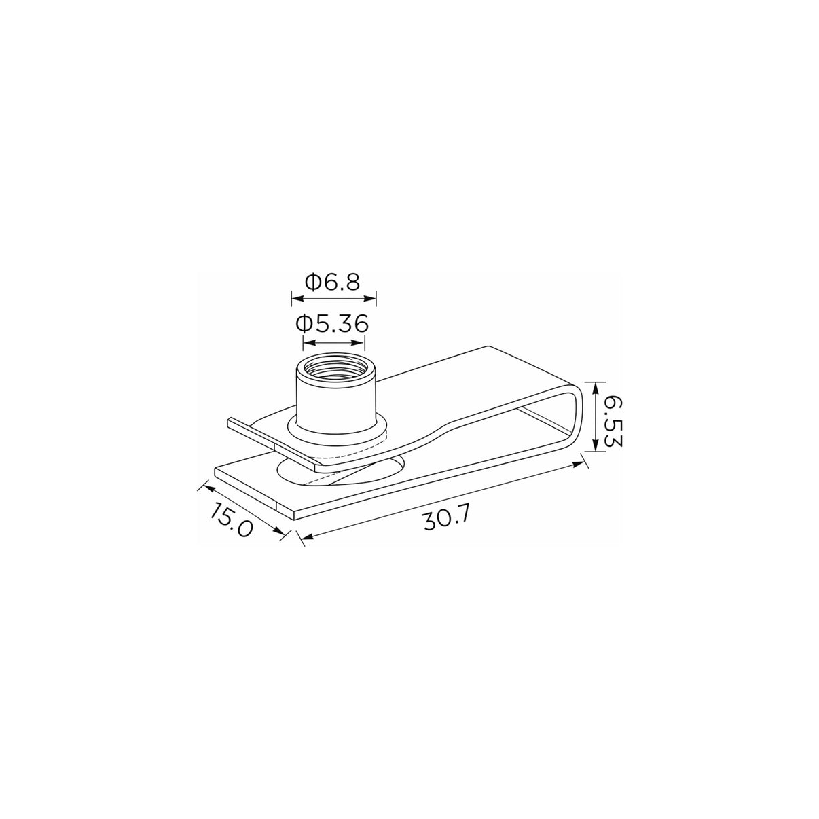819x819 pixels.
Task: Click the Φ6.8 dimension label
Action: click(x=332, y=282)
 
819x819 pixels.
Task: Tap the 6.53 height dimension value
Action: click(x=612, y=422)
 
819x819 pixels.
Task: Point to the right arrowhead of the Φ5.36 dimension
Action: click(x=359, y=342)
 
